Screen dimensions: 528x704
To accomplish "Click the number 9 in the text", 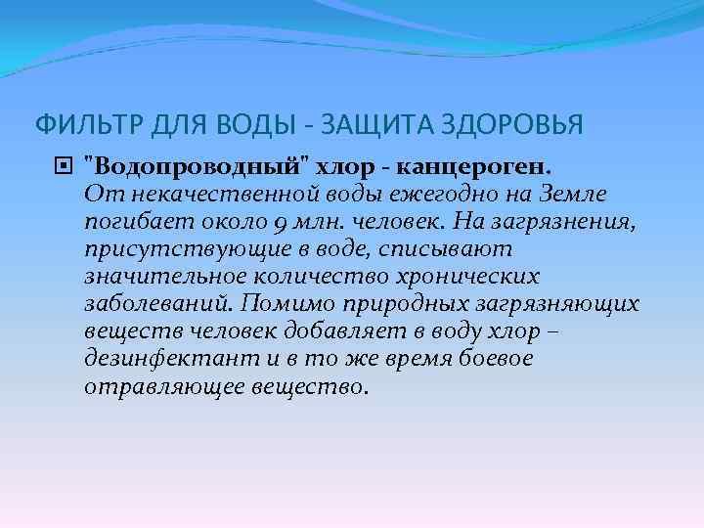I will pos(280,223).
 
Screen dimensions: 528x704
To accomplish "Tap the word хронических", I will pos(472,277).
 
